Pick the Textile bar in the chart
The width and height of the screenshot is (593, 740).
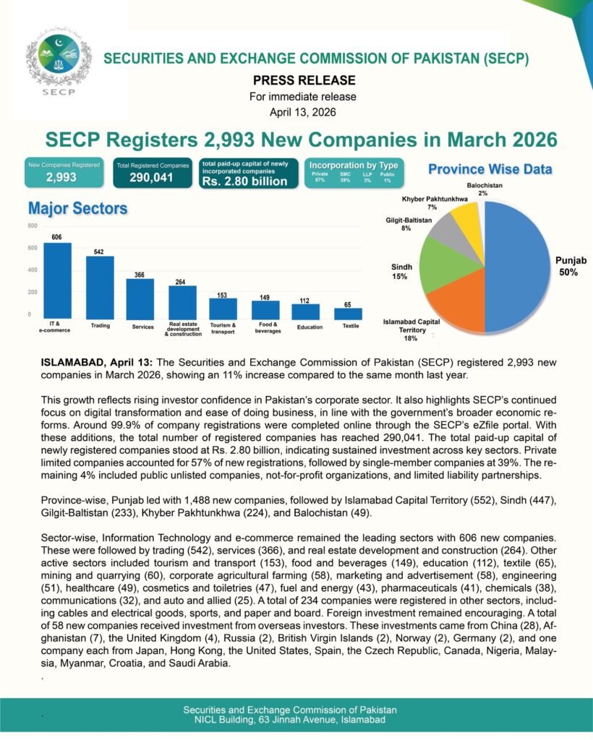(x=348, y=314)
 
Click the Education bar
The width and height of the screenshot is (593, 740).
(x=306, y=311)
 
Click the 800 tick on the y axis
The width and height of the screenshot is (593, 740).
(x=33, y=226)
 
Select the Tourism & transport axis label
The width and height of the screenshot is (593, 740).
(x=223, y=329)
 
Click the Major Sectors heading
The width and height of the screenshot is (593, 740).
(x=77, y=209)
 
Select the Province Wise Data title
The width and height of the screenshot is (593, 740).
(x=490, y=169)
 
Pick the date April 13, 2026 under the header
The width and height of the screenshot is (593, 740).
(x=303, y=112)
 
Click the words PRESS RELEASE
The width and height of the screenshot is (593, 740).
(x=304, y=80)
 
